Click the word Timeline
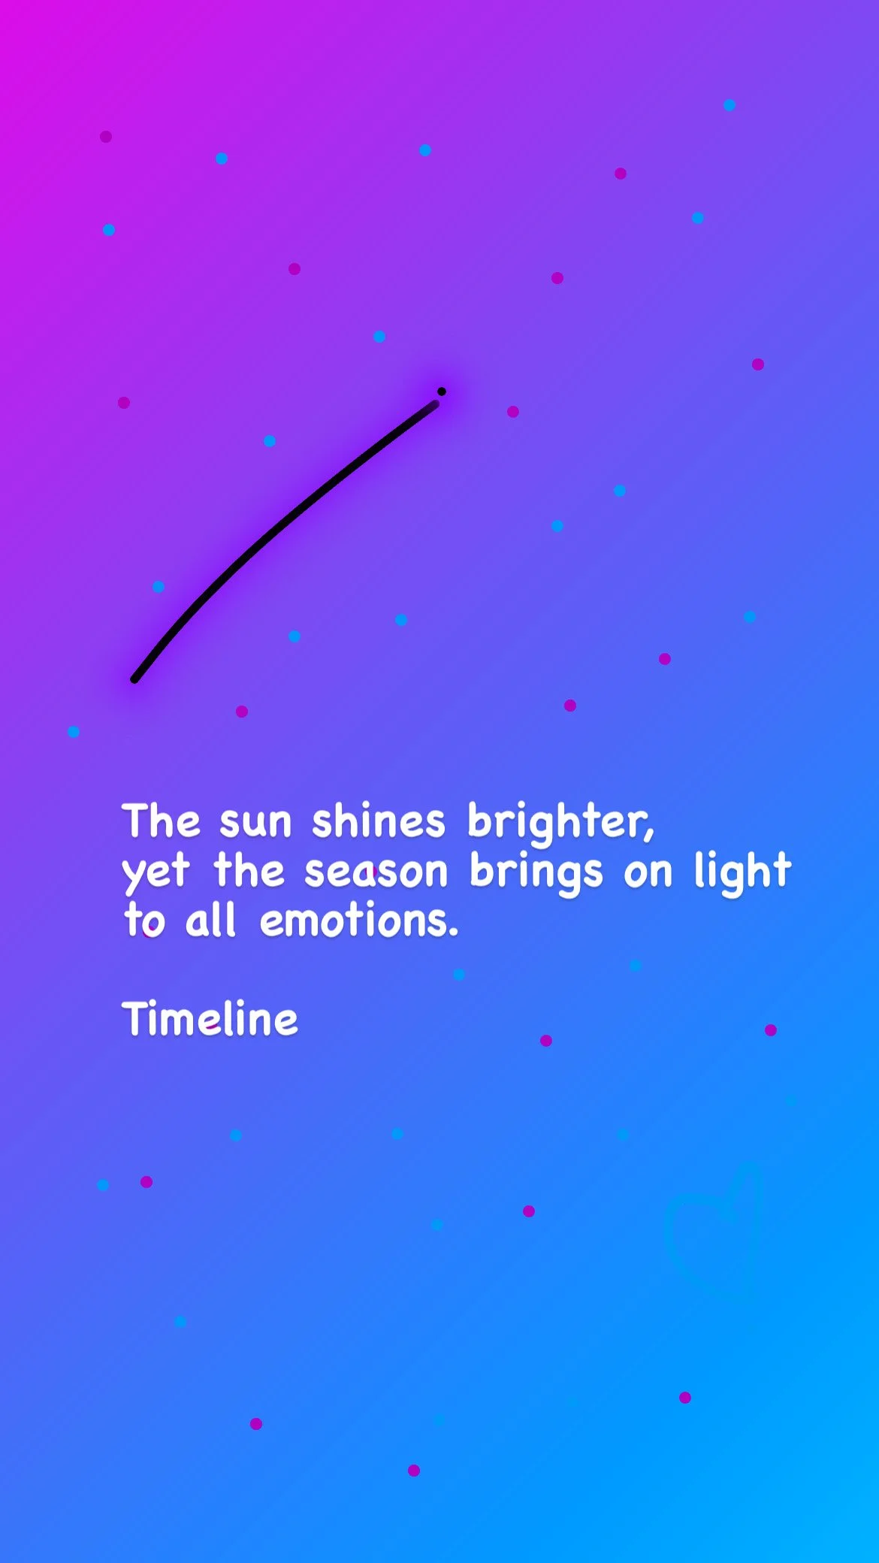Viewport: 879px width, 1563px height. (210, 1019)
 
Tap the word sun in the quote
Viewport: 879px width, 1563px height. (255, 821)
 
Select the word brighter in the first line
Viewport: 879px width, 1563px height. (560, 823)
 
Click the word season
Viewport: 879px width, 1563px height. (376, 872)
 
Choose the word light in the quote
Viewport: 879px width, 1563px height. (742, 872)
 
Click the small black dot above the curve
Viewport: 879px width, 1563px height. (442, 392)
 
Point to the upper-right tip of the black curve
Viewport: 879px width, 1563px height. (435, 404)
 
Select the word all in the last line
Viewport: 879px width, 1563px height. (210, 921)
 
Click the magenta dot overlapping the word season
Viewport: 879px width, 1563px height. (371, 872)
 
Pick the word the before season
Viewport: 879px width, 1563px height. (249, 872)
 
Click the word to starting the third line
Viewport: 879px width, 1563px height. (144, 921)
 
